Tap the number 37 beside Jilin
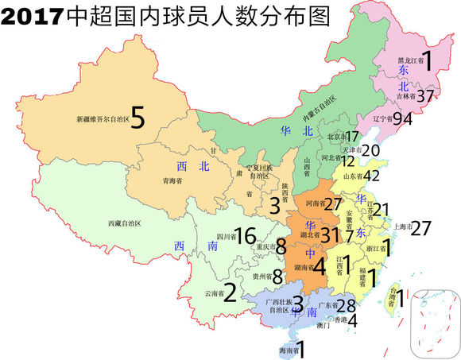pyautogui.click(x=427, y=96)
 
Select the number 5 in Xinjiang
pyautogui.click(x=138, y=119)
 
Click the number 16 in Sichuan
pyautogui.click(x=245, y=235)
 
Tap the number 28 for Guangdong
pyautogui.click(x=346, y=306)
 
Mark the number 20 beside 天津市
pyautogui.click(x=370, y=149)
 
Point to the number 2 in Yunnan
pyautogui.click(x=229, y=294)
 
